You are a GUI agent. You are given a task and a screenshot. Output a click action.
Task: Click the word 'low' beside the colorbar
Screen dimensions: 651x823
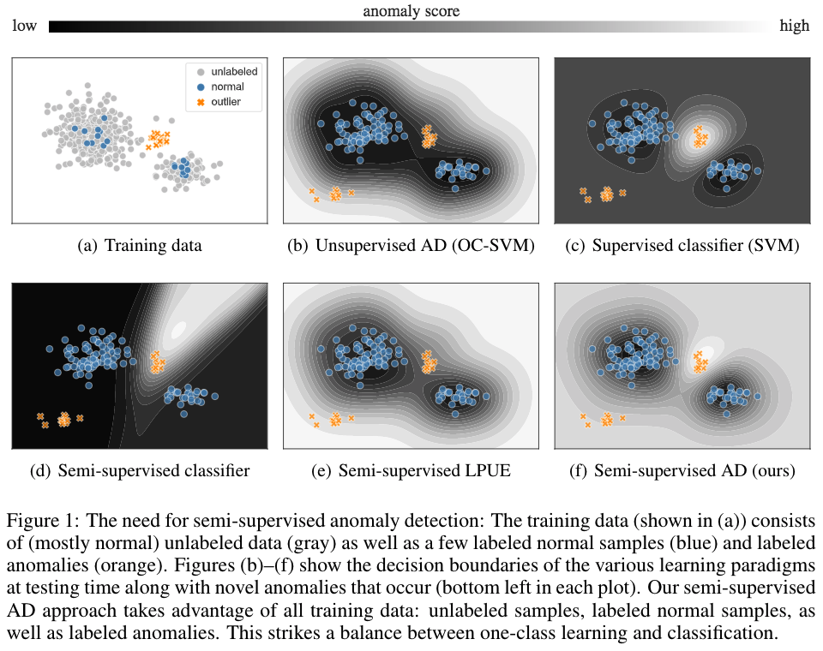pos(24,27)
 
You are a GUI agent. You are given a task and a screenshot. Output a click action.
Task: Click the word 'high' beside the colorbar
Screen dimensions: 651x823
pos(794,27)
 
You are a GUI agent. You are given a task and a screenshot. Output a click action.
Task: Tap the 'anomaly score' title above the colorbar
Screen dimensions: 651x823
pos(411,11)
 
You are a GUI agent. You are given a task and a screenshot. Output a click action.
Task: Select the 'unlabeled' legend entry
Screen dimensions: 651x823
pos(233,71)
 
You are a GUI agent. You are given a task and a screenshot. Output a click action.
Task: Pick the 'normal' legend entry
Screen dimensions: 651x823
pos(227,87)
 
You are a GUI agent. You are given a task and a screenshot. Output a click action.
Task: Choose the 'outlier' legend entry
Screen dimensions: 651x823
pos(225,102)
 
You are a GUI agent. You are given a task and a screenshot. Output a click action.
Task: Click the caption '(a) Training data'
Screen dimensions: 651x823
pos(140,247)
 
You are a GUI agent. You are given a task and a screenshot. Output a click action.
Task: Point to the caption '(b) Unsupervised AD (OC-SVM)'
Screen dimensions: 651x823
pos(411,247)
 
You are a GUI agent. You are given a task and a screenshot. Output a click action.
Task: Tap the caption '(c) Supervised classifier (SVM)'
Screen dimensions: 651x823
pos(683,247)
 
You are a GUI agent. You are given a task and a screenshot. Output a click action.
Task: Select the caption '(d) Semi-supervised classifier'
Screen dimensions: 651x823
pos(140,470)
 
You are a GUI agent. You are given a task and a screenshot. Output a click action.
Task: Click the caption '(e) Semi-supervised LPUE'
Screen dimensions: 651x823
pos(411,470)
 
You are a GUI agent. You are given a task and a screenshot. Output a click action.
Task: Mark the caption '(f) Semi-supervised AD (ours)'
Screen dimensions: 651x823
pos(683,470)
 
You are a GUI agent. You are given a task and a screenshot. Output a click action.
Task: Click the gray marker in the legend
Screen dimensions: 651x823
pos(201,71)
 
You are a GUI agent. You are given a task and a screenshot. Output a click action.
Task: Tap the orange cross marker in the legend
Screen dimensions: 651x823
pos(201,102)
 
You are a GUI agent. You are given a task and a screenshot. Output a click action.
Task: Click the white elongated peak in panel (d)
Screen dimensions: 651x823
pos(178,327)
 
